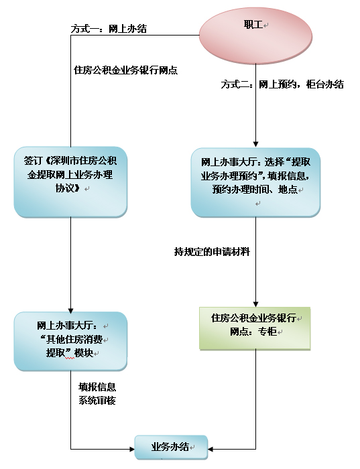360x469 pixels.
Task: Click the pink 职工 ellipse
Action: (255, 36)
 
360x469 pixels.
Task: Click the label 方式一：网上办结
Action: (109, 29)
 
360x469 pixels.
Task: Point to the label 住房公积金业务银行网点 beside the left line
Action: (125, 70)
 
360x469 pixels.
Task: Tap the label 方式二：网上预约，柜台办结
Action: (282, 84)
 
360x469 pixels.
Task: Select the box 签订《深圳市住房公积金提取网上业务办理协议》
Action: (70, 182)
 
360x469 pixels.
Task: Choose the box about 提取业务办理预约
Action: (255, 182)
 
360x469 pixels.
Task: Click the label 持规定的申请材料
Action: (212, 252)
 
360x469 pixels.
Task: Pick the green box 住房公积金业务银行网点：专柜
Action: (255, 328)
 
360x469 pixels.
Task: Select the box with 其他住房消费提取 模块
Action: (70, 341)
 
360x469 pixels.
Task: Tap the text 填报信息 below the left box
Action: (97, 387)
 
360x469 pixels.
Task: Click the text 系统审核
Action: (97, 400)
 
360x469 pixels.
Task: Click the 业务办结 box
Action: (171, 448)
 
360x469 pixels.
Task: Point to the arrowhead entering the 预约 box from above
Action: (255, 144)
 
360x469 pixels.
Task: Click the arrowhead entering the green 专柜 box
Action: (255, 304)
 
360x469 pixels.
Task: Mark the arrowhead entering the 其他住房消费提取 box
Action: (70, 310)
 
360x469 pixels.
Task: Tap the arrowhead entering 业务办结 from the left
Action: (131, 449)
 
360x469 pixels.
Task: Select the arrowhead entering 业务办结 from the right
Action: (211, 449)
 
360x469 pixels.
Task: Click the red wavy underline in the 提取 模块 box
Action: (70, 358)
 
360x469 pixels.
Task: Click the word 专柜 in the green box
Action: (267, 332)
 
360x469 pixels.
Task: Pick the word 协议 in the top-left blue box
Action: (68, 188)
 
